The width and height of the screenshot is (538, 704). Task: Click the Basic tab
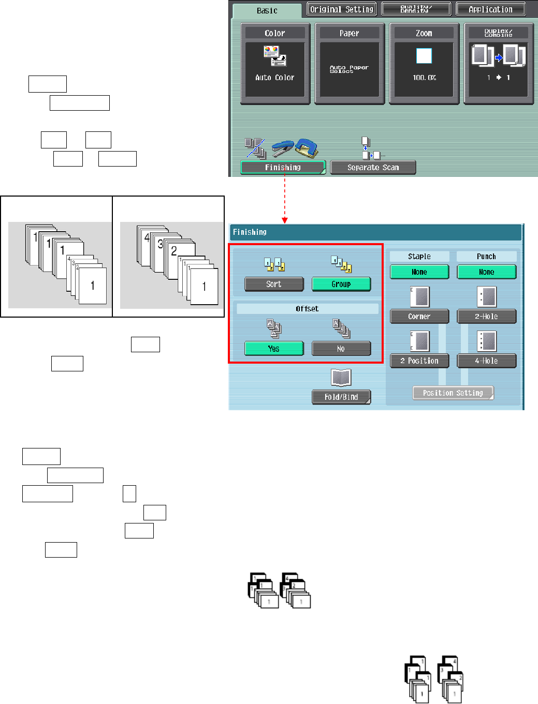coord(267,10)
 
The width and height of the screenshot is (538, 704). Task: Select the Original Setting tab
coord(341,9)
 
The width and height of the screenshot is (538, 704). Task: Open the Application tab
coord(490,9)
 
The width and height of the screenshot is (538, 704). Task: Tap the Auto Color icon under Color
coord(275,56)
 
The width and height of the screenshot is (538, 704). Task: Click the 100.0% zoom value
coord(424,78)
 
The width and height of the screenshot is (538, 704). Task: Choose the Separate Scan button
coord(373,168)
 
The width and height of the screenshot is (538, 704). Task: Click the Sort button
coord(274,284)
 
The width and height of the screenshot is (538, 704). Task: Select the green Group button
coord(341,284)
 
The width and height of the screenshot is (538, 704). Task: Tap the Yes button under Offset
coord(274,349)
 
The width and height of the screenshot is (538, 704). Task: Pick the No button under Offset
coord(341,349)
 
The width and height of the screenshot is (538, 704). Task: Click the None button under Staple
coord(419,272)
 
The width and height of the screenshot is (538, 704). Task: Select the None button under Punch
coord(487,272)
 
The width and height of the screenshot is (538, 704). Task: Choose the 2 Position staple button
coord(419,361)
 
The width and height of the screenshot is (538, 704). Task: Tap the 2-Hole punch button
coord(487,317)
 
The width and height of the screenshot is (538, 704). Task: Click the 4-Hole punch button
coord(487,361)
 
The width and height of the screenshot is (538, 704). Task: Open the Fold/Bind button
coord(341,397)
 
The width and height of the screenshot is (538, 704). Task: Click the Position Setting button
coord(453,393)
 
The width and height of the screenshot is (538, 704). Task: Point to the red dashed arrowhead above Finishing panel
coord(285,220)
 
